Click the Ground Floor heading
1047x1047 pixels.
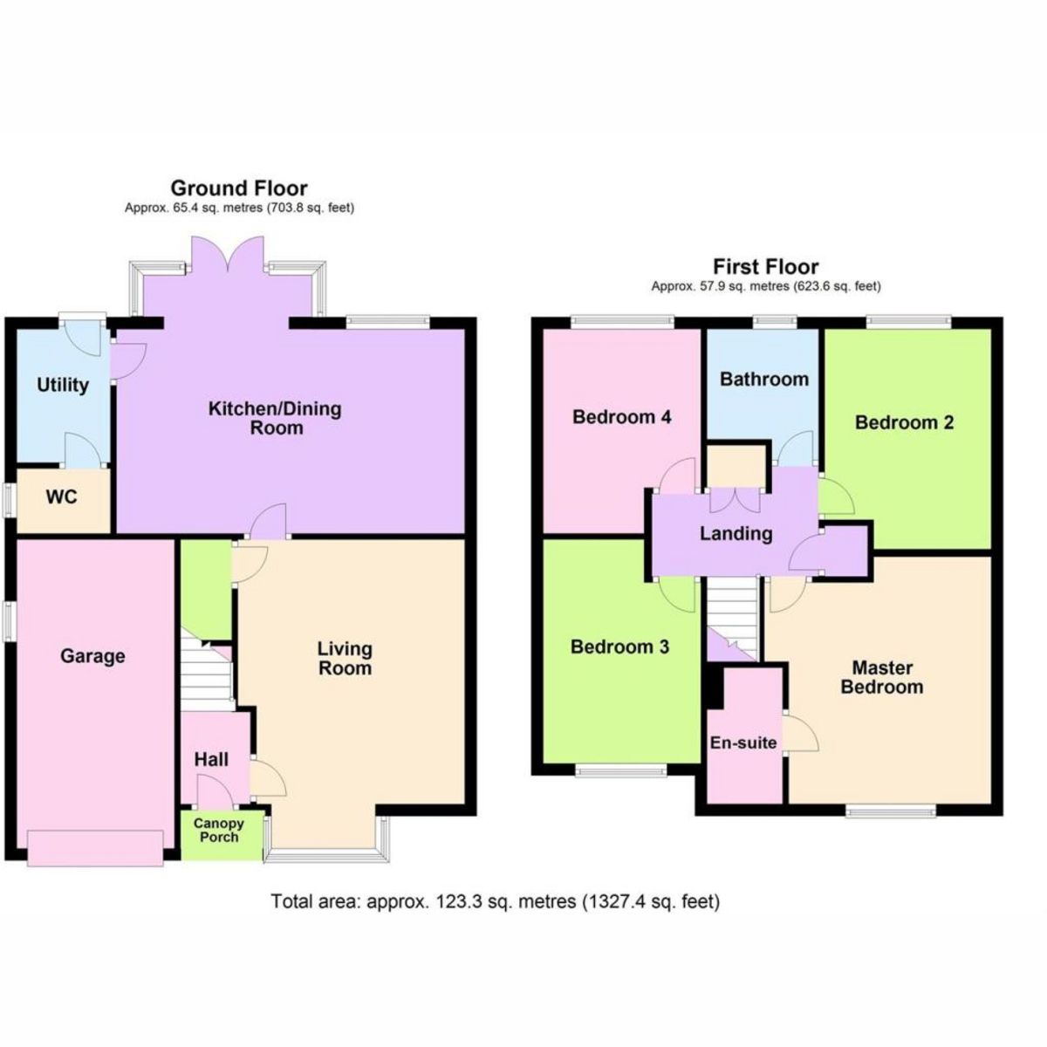point(238,188)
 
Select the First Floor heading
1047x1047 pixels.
point(765,266)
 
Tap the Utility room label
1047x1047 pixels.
point(63,385)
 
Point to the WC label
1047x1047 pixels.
point(62,497)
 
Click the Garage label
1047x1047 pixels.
point(92,656)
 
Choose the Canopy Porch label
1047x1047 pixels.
point(218,830)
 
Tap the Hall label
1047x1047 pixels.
point(211,759)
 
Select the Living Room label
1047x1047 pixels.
point(345,659)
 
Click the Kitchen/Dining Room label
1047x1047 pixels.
point(275,418)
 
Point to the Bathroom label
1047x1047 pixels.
point(763,380)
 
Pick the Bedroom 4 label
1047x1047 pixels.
point(621,417)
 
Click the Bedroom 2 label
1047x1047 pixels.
point(904,422)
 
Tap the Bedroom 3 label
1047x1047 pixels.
point(619,647)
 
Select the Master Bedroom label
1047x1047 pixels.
point(881,677)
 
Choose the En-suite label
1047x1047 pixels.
point(742,742)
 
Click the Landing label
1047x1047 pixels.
point(736,533)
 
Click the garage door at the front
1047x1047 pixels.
point(95,848)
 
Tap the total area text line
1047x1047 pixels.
point(496,901)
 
